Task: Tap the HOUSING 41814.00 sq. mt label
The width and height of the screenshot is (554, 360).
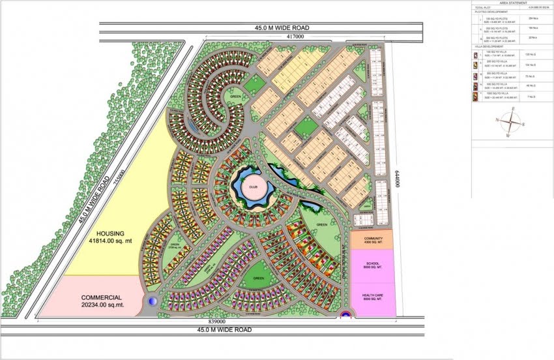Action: point(114,237)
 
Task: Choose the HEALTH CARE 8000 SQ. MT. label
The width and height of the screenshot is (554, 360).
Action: point(373,299)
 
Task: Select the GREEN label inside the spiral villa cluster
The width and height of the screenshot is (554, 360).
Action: point(235,99)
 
